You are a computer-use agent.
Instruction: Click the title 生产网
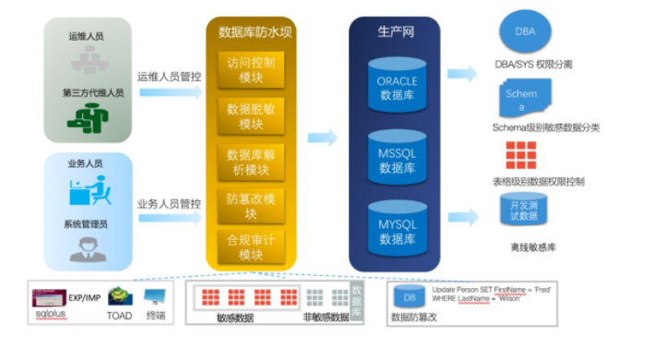[397, 31]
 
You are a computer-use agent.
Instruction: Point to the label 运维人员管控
[169, 77]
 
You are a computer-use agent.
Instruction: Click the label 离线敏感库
[533, 247]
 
